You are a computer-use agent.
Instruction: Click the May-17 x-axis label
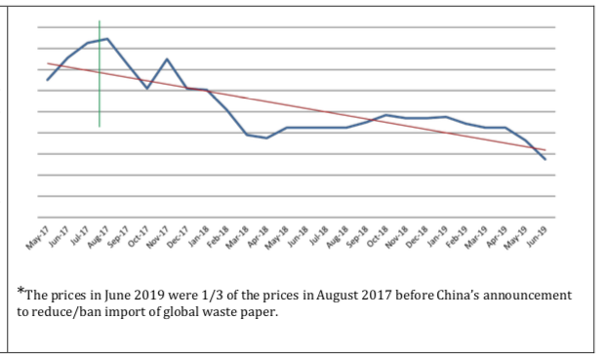pyautogui.click(x=38, y=238)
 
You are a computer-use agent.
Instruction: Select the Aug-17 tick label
pyautogui.click(x=99, y=237)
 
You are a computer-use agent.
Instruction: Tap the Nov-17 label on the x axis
pyautogui.click(x=158, y=238)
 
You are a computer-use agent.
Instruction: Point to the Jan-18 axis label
pyautogui.click(x=199, y=237)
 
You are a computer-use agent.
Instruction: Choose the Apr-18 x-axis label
pyautogui.click(x=259, y=237)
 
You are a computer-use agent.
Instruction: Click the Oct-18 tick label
pyautogui.click(x=379, y=237)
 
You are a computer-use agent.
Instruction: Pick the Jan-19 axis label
pyautogui.click(x=438, y=236)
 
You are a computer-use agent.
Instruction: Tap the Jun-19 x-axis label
pyautogui.click(x=538, y=236)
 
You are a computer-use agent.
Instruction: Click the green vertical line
pyautogui.click(x=100, y=73)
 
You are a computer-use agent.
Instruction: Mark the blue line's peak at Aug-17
pyautogui.click(x=107, y=39)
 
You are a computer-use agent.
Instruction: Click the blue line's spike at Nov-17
pyautogui.click(x=167, y=59)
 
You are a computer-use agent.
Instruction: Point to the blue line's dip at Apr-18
pyautogui.click(x=266, y=139)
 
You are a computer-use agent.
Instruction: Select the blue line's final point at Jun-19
pyautogui.click(x=544, y=159)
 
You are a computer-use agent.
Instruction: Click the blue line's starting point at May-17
pyautogui.click(x=47, y=80)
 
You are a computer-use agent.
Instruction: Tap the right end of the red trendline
pyautogui.click(x=545, y=150)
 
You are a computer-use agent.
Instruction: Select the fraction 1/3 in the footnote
pyautogui.click(x=212, y=296)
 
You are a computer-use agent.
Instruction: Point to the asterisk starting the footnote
pyautogui.click(x=20, y=291)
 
